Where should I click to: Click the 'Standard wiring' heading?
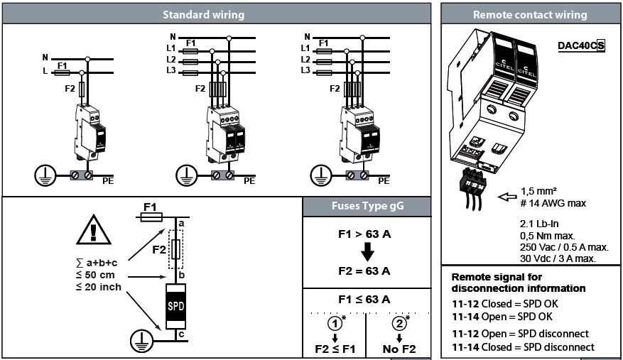203,14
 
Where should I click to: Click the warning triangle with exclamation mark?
94,229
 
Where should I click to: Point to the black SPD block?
176,304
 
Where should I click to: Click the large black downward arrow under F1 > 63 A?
366,252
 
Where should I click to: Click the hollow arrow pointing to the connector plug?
507,196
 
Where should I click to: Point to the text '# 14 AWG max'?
553,204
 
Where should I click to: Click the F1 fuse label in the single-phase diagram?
62,65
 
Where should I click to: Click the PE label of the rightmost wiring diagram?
382,181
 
